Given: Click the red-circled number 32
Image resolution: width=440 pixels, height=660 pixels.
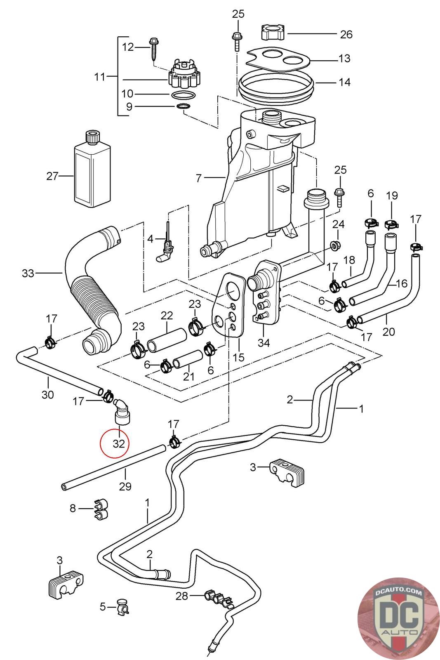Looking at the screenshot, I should [x=119, y=444].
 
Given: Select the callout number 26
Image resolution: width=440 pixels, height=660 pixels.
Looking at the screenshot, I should [x=346, y=34].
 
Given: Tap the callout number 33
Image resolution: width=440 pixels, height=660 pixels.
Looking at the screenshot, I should [x=28, y=273].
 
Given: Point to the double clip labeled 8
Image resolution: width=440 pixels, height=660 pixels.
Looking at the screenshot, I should [x=100, y=509].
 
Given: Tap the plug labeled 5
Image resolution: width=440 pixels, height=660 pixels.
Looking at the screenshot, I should [x=122, y=606].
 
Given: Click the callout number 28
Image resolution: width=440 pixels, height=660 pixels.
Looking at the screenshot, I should [x=181, y=596].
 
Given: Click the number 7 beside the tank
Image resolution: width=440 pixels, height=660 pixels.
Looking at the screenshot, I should [x=199, y=178].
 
